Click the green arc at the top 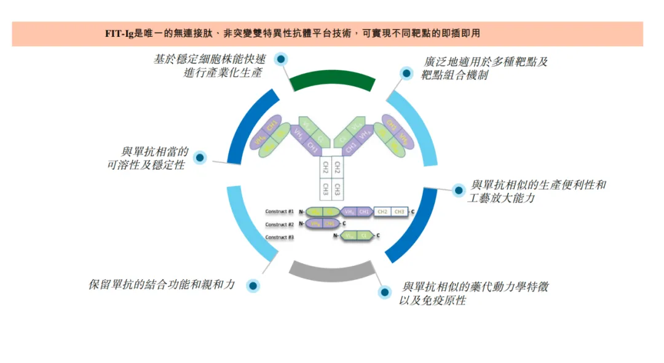[332, 79]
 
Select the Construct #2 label [280, 225]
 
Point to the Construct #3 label [280, 237]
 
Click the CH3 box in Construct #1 [400, 212]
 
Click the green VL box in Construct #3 [349, 236]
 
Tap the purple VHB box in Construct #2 [315, 224]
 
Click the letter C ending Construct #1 [413, 212]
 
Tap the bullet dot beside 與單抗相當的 [199, 158]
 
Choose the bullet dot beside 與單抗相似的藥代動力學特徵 [385, 292]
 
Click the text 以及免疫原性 [433, 301]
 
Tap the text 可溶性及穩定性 [146, 166]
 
